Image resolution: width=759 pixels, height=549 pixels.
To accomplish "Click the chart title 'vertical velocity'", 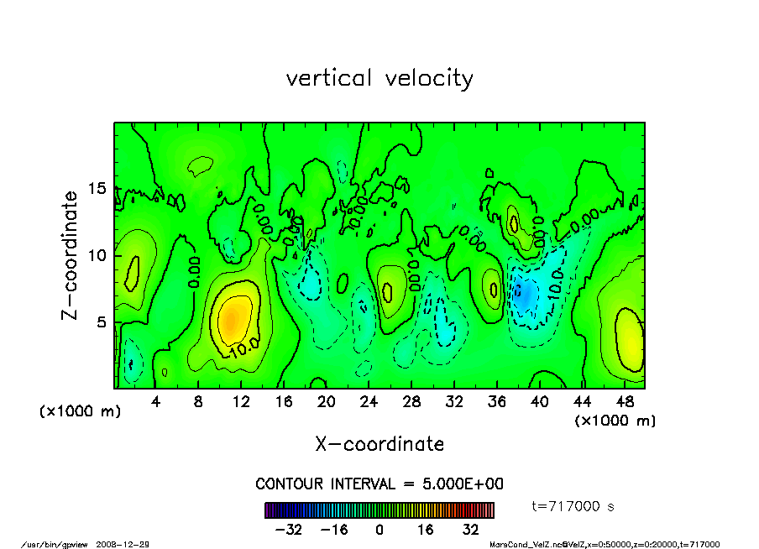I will (x=379, y=78).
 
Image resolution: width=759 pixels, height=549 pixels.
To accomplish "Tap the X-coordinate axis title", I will (x=379, y=443).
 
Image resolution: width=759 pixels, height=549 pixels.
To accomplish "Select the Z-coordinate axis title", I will (x=71, y=255).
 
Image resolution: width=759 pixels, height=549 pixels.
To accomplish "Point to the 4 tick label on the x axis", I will (x=156, y=401).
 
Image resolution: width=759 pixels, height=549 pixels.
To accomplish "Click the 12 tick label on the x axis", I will (x=241, y=401).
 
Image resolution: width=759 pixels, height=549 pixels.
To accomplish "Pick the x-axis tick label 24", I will (x=369, y=401).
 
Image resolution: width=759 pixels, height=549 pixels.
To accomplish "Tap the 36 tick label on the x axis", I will (x=496, y=401).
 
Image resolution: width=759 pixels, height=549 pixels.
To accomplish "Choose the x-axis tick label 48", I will (x=624, y=401).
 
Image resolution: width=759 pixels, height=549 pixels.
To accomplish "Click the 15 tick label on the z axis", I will (x=97, y=189).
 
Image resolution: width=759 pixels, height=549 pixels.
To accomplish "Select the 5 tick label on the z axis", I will (x=102, y=322).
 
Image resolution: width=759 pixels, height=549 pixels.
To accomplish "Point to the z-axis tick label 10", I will (x=97, y=255).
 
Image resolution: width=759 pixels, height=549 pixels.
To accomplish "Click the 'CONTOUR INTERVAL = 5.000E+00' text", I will (x=379, y=484).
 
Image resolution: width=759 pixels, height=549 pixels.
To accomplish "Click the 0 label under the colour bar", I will (x=379, y=530).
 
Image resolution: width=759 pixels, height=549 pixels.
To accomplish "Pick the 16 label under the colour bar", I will (x=425, y=530).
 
